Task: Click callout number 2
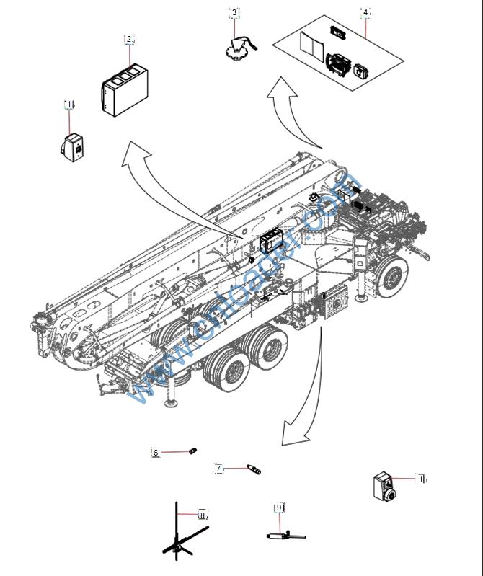[129, 39]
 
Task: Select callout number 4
[366, 12]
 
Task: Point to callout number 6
[156, 453]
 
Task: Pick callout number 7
[218, 469]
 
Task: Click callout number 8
[203, 515]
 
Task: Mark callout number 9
[279, 508]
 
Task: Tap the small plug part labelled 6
[192, 451]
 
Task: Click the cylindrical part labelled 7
[253, 469]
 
